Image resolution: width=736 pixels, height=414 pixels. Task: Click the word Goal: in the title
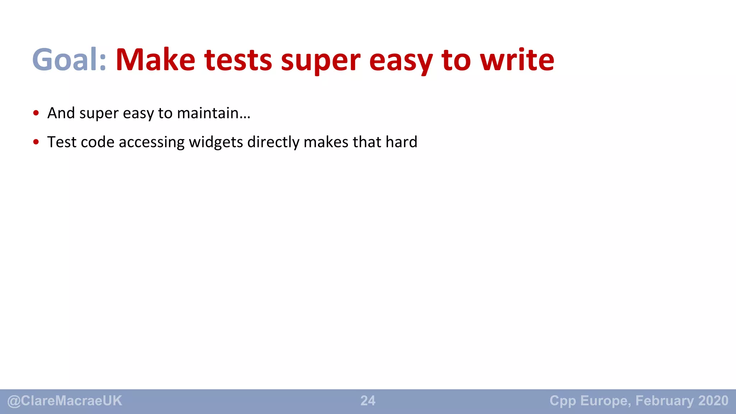coord(69,60)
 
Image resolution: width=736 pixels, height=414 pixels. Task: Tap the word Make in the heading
coord(155,60)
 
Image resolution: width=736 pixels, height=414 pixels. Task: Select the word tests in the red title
coord(238,60)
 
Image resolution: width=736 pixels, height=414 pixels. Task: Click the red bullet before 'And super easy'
coord(36,113)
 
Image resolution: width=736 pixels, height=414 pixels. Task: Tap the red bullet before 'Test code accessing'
coord(36,142)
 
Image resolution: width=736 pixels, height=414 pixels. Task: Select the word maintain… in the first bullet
coord(213,113)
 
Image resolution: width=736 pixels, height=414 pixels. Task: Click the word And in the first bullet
coord(61,113)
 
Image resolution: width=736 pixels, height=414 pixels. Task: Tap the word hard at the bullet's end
coord(401,142)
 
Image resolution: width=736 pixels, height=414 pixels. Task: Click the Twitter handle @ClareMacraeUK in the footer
coord(65,401)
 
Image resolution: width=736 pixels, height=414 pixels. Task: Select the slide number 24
coord(368,401)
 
